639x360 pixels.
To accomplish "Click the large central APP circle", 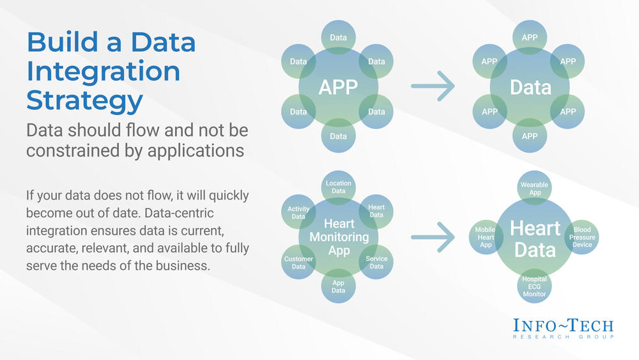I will [338, 87].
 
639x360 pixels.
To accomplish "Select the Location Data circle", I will [339, 187].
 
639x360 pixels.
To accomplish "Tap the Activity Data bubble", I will [298, 212].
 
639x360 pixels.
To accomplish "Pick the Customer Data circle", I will [298, 263].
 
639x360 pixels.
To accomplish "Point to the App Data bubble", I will [339, 286].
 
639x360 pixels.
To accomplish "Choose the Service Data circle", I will [376, 263].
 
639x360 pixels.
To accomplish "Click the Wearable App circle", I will [534, 188].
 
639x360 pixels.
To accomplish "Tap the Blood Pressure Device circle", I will [581, 237].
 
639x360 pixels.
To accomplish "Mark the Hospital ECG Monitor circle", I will [534, 286].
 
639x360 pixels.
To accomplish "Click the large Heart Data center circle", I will [535, 239].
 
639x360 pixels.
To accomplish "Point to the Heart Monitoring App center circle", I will [339, 237].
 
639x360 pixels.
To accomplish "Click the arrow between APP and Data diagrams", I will [433, 86].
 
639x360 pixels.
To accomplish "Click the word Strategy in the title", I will [84, 100].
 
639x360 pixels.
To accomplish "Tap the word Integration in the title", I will [104, 71].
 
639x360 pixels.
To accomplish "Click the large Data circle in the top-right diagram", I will [530, 87].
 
